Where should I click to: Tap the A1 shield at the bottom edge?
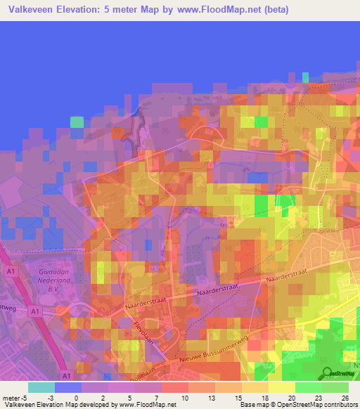point(65,375)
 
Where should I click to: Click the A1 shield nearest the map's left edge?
point(10,269)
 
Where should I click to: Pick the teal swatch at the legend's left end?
point(41,387)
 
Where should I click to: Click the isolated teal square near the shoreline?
point(76,122)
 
